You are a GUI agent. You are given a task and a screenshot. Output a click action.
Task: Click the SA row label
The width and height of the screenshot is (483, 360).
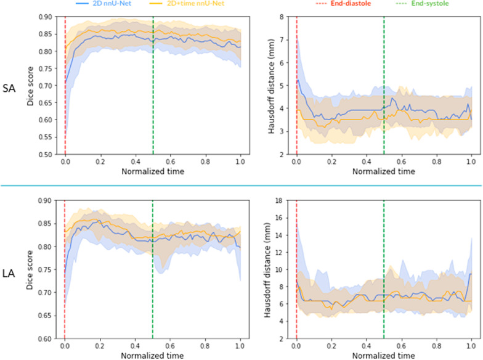point(10,86)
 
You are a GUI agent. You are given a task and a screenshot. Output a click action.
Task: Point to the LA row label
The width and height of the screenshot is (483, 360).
point(10,270)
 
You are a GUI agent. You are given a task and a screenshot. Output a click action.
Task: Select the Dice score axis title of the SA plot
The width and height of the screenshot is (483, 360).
point(31,86)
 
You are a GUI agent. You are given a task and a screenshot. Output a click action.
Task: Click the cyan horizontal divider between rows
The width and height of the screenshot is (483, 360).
point(241,186)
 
